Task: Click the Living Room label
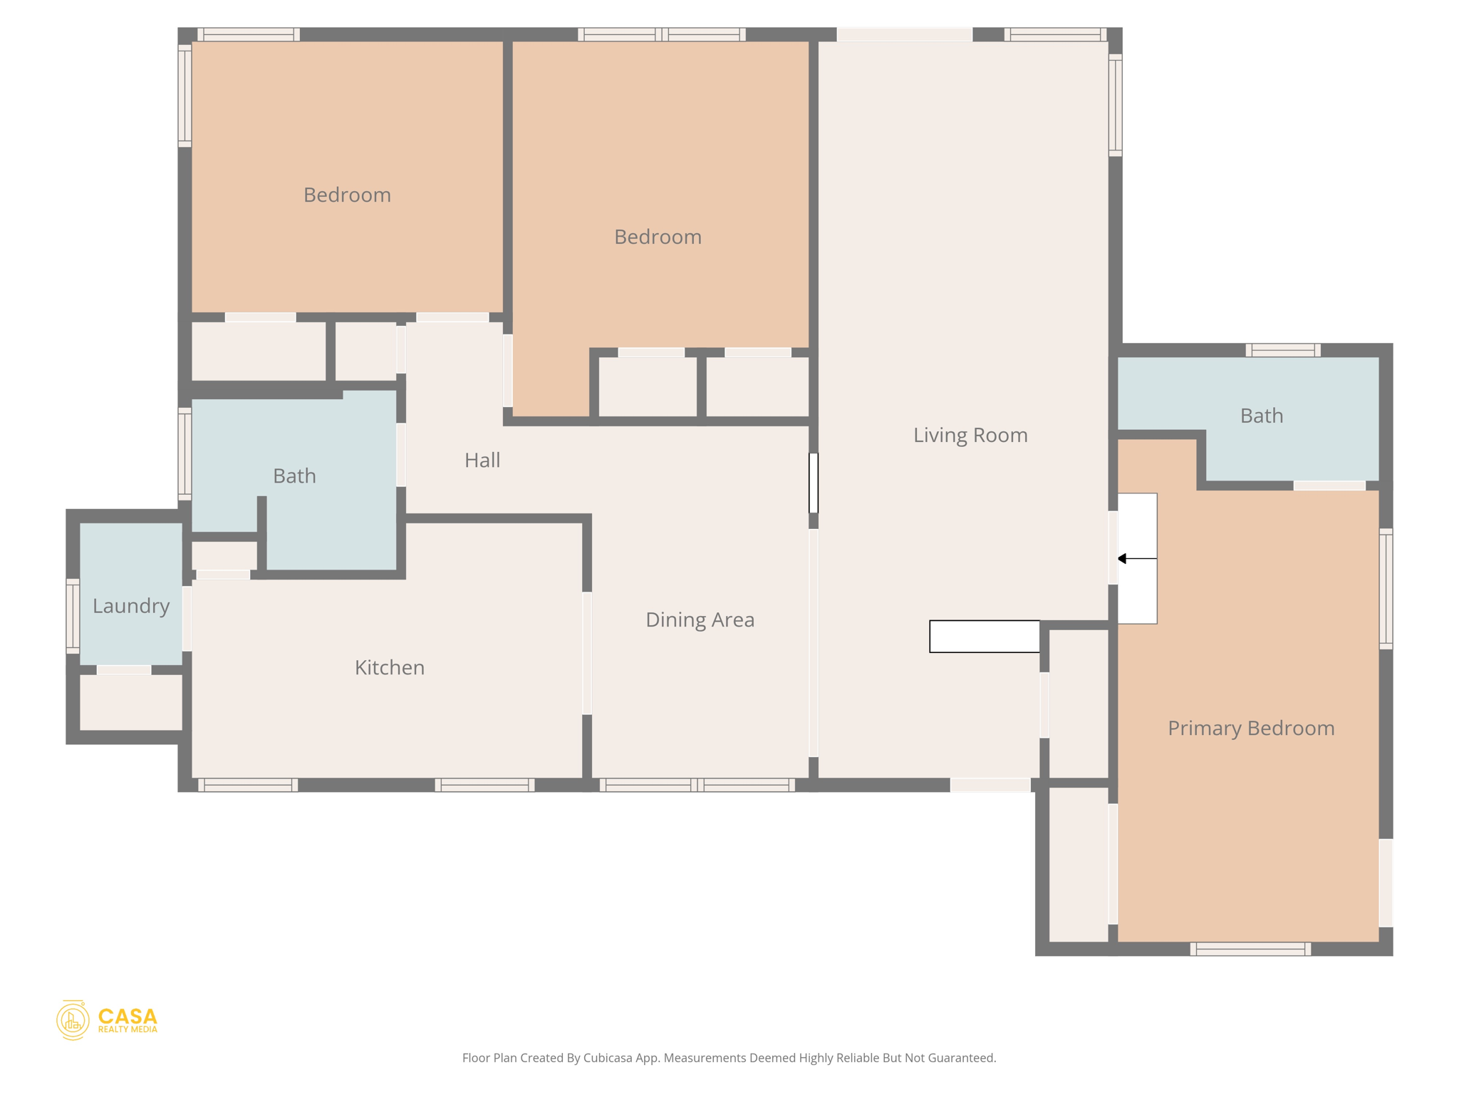pos(970,435)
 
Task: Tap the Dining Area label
pos(700,620)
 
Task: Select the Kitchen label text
pos(389,667)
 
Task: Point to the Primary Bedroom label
pos(1250,728)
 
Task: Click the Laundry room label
pos(131,606)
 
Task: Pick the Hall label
pos(482,461)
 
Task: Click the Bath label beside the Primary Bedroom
pos(1261,416)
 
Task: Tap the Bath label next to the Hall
pos(294,475)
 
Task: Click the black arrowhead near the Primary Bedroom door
pos(1122,559)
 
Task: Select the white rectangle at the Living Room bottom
pos(984,637)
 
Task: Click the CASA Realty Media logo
pos(107,1020)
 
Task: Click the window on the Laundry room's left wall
pos(73,616)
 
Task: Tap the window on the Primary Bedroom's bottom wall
pos(1250,949)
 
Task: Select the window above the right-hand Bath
pos(1282,350)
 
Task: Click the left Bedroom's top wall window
pos(248,34)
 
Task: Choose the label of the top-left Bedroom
pos(347,195)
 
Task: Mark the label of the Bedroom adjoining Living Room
pos(658,237)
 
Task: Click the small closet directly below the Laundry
pos(131,702)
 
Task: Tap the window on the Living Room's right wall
pos(1116,105)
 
